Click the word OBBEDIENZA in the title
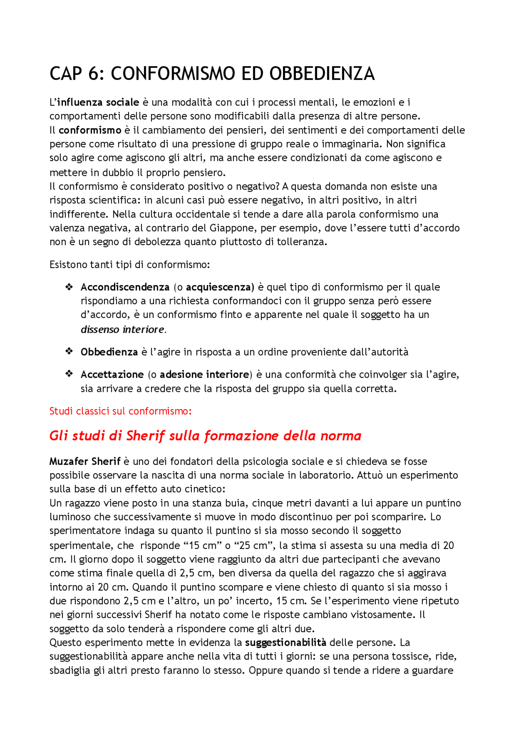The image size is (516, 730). (x=322, y=74)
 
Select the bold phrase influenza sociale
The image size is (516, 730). (x=98, y=102)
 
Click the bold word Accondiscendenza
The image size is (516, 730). (x=125, y=287)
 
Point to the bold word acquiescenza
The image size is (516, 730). (x=220, y=287)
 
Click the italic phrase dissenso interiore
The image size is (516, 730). (x=123, y=330)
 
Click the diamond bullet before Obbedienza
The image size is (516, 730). (x=69, y=351)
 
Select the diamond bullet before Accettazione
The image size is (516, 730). (x=69, y=374)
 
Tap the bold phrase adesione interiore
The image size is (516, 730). (x=204, y=375)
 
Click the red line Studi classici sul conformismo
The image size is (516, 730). (x=120, y=411)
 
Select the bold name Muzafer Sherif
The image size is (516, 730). (x=85, y=462)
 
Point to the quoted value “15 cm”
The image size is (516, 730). (x=202, y=546)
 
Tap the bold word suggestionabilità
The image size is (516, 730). (x=285, y=643)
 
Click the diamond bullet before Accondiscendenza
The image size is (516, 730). (x=69, y=287)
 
